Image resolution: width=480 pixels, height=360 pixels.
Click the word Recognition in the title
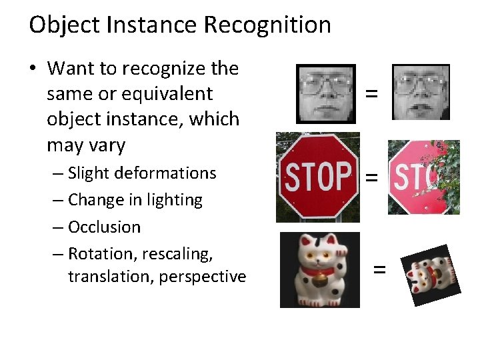pos(267,25)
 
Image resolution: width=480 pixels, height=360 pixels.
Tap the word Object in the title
pos(64,25)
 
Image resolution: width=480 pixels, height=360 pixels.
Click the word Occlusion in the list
pos(104,227)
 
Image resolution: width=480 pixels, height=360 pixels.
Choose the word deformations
pos(165,173)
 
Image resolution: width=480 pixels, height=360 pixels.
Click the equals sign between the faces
pos(371,95)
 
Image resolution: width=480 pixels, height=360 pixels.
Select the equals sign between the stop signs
pos(371,177)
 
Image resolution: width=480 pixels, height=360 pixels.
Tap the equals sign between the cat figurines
pos(379,269)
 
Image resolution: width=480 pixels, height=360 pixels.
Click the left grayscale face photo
pos(326,93)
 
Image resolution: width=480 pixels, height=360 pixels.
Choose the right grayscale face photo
pos(421,92)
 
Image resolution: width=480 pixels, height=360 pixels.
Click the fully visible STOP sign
pos(318,176)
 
